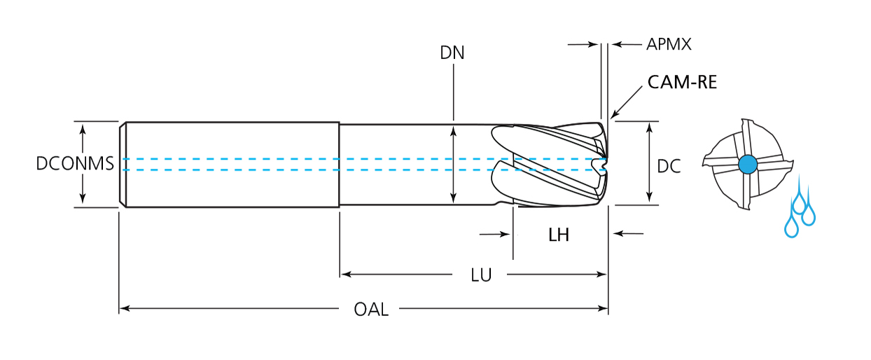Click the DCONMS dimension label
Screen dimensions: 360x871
pos(75,164)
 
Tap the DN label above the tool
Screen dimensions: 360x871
pos(452,53)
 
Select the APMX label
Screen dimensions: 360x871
pos(669,45)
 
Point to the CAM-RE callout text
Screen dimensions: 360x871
pos(682,82)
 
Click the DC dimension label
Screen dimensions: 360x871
pos(669,166)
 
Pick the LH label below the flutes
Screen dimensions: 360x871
pos(559,235)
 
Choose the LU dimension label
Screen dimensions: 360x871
pos(481,275)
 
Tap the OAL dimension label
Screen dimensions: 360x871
pos(371,309)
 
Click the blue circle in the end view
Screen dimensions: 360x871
pos(748,165)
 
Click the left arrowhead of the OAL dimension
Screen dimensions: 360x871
pos(124,307)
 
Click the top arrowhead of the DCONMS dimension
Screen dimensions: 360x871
pos(83,128)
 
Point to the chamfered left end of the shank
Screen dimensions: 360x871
pos(123,165)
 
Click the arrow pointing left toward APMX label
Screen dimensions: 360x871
pos(618,45)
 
